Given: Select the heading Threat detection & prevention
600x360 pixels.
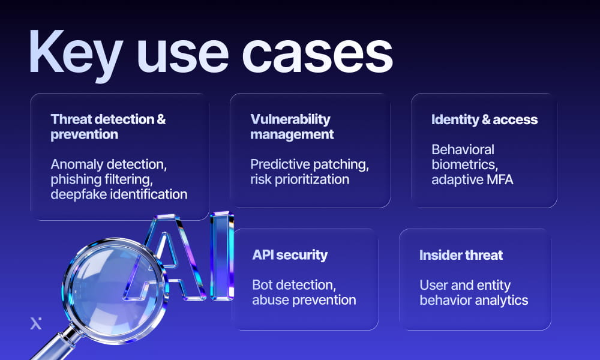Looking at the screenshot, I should click(108, 127).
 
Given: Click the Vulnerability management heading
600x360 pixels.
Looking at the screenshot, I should click(292, 127).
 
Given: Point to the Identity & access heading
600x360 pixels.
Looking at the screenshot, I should click(484, 119).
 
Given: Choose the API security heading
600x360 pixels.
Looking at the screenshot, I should click(290, 255).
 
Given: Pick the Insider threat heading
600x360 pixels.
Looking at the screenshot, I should click(461, 255).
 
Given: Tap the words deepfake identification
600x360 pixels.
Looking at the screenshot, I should click(119, 194).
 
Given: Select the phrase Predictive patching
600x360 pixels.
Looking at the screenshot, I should click(310, 164).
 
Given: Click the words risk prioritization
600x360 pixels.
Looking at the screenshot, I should click(300, 179).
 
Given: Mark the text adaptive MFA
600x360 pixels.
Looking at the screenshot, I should click(472, 179).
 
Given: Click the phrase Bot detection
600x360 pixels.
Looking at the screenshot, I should click(292, 284).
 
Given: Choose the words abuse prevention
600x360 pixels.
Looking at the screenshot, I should click(304, 299).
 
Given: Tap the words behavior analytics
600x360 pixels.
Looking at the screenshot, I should click(474, 299).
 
